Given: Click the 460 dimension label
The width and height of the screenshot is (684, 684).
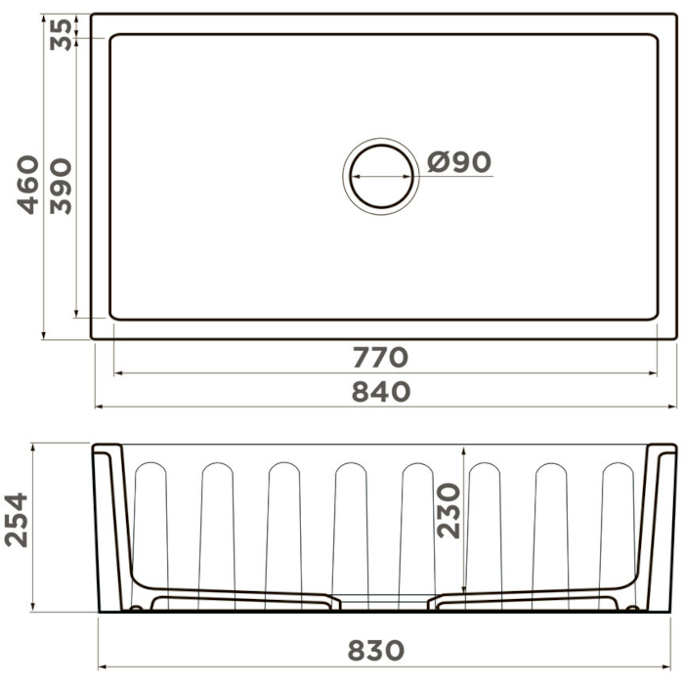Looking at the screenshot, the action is click(x=28, y=185).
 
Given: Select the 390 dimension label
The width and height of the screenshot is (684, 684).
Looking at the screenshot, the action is click(x=61, y=186).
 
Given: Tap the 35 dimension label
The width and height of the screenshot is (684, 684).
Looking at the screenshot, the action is click(x=61, y=34).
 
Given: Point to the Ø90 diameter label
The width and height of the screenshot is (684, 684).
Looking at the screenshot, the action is click(x=459, y=162).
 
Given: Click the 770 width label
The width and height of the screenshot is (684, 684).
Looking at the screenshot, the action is click(x=380, y=358).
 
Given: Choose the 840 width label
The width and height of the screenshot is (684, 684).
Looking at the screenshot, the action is click(x=381, y=391).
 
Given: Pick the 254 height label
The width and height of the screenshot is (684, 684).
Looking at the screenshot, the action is click(x=17, y=520).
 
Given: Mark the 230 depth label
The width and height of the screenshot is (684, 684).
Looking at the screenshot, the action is click(x=449, y=510).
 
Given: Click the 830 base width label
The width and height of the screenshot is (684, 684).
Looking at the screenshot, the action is click(x=376, y=651).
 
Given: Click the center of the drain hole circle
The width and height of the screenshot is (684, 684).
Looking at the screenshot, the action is click(x=381, y=176).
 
